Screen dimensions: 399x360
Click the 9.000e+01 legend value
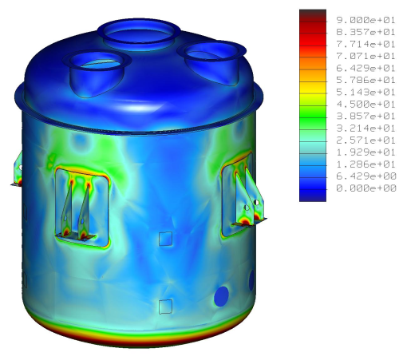coord(365,20)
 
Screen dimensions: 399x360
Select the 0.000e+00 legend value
coord(365,188)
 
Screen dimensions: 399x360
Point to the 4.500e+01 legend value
coord(365,104)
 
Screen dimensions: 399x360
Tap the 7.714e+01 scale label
coord(365,44)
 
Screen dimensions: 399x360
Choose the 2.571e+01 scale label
coord(365,140)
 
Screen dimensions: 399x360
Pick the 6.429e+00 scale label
coord(365,176)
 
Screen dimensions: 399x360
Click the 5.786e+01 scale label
coord(365,80)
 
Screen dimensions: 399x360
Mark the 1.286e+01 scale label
coord(365,164)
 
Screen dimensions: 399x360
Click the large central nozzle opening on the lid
coord(139,34)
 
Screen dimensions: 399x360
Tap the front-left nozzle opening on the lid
coord(97,61)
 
